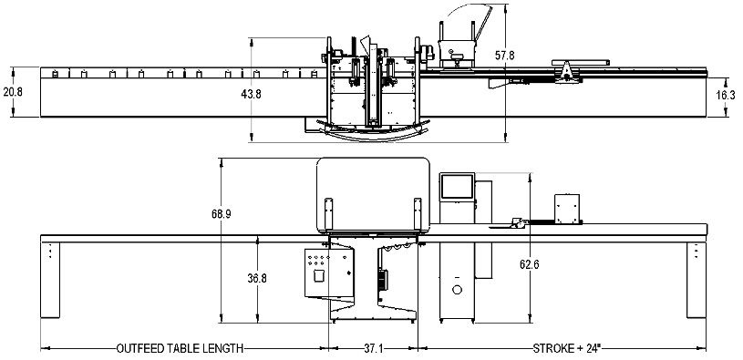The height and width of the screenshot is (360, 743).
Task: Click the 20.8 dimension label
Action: point(12,92)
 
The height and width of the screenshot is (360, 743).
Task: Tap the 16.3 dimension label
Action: point(725,95)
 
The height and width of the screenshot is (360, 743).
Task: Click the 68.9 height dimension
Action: point(222,214)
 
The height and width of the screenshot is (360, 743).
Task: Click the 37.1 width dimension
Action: point(372,348)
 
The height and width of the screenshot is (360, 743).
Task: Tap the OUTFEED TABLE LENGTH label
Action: point(178,348)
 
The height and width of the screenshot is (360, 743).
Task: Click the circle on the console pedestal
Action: point(457,289)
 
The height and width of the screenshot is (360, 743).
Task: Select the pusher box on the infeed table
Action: point(569,209)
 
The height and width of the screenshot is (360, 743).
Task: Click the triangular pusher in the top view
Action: point(568,70)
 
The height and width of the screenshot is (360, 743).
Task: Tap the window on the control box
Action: point(319,275)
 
